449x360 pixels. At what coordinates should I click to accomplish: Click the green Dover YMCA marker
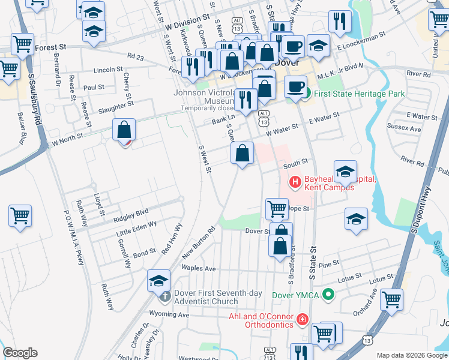coord(328,295)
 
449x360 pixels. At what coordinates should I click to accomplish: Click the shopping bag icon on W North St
coord(124,130)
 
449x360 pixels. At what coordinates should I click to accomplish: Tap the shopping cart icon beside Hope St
coord(277,209)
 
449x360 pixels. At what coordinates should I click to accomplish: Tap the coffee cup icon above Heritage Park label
coord(295,85)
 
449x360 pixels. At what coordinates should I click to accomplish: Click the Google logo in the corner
coord(20,353)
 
